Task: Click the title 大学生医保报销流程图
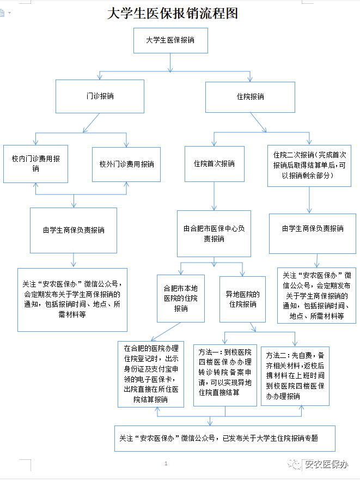coord(173,13)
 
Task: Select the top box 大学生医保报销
coord(170,40)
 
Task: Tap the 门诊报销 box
coord(100,96)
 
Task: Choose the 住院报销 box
coord(250,96)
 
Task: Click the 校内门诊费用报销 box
coord(36,164)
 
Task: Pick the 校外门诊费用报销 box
coord(126,164)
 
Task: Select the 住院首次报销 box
coord(214,163)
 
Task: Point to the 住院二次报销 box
coord(309,166)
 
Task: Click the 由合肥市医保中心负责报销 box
coord(214,233)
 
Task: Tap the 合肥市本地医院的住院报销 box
coord(181,298)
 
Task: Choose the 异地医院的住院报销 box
coord(242,299)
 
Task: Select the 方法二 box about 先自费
coord(295,375)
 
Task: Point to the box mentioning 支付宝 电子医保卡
coord(151,374)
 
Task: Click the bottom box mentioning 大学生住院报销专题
coord(224,438)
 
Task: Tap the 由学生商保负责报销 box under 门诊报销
coord(74,230)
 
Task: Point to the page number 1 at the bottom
coord(166,464)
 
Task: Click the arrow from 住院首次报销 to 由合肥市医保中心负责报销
coord(214,196)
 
